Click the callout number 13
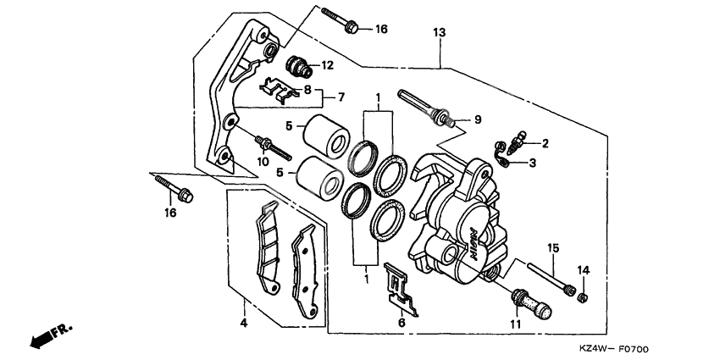(x=438, y=32)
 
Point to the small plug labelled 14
(x=580, y=295)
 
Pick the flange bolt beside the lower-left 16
(x=173, y=187)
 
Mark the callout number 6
(x=402, y=322)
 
